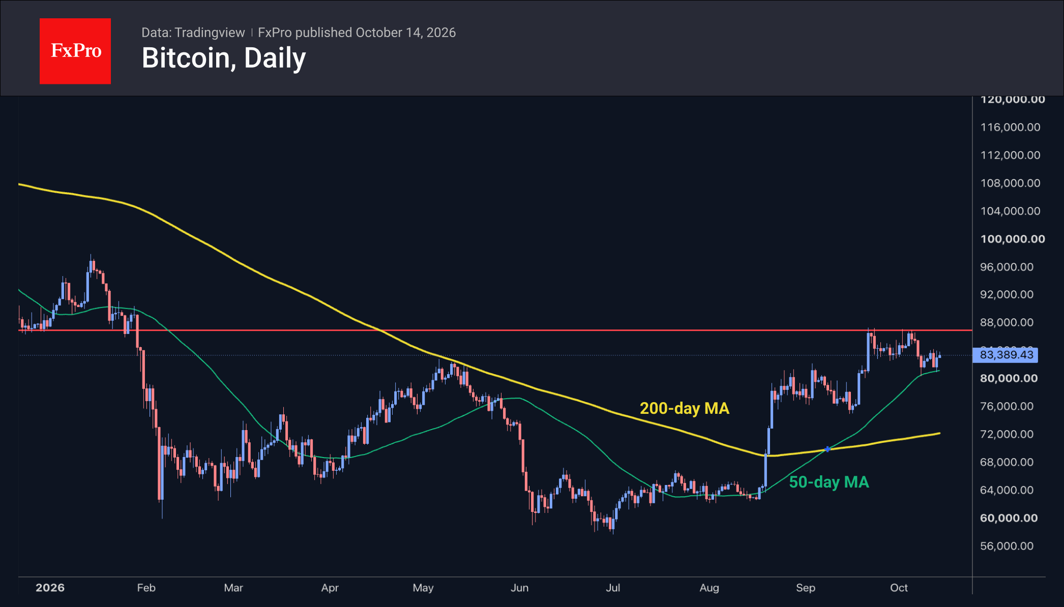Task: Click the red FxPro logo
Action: (x=75, y=51)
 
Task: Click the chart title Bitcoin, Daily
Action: (x=224, y=58)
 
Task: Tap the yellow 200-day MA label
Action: (x=685, y=408)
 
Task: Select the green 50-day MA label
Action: (x=829, y=482)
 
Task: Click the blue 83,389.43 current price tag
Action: (x=1006, y=355)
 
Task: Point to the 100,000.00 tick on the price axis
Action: (x=1013, y=239)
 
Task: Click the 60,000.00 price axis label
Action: (x=1009, y=518)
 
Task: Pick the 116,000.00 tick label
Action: (x=1011, y=127)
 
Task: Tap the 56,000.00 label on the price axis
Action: (x=1007, y=546)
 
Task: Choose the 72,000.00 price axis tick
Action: (x=1007, y=434)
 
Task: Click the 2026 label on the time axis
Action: (x=50, y=588)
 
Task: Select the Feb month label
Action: (x=146, y=588)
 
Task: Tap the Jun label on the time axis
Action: (x=520, y=588)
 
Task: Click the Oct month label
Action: (x=899, y=588)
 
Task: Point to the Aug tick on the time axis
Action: (x=710, y=588)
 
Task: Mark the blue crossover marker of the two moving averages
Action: (x=827, y=449)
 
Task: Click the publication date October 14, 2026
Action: (x=406, y=33)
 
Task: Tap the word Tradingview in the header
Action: (x=210, y=33)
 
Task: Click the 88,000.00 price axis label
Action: (x=1007, y=322)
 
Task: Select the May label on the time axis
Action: (x=423, y=588)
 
